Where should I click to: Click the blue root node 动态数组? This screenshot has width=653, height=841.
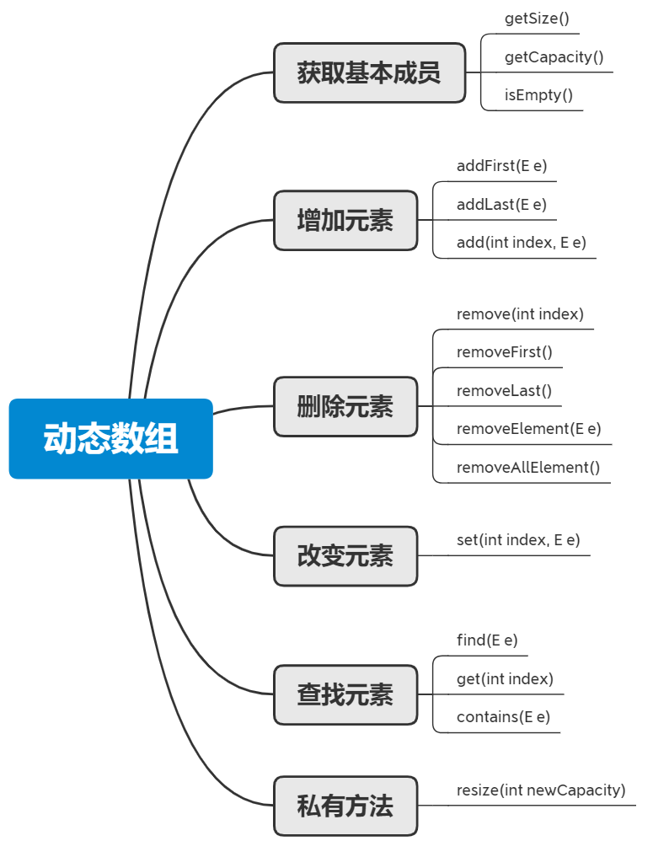(111, 439)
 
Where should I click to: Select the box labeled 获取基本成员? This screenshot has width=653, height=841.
(369, 73)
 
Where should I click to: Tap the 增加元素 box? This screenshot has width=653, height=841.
(345, 221)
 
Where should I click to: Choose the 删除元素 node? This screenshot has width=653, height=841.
(345, 406)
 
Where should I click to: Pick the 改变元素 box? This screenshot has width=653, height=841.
(345, 556)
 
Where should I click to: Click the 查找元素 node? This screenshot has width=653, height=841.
(345, 695)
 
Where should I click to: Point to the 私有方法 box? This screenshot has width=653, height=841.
(345, 806)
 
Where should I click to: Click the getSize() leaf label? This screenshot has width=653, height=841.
(537, 19)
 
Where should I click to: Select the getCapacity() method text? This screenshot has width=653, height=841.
(554, 57)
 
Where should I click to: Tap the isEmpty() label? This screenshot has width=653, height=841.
(538, 95)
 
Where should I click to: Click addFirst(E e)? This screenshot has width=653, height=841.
(502, 166)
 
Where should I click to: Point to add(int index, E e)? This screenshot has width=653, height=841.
(521, 243)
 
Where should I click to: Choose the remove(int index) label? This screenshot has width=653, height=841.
(520, 314)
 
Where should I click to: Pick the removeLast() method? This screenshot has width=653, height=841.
(504, 391)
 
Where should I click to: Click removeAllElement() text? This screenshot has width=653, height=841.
(528, 468)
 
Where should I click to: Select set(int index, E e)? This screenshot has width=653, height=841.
(518, 540)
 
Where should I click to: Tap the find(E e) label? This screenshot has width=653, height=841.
(487, 640)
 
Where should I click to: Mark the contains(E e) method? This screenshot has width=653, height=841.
(503, 717)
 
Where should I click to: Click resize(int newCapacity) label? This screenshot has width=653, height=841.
(541, 790)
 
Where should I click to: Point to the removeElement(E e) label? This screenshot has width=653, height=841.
(528, 429)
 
